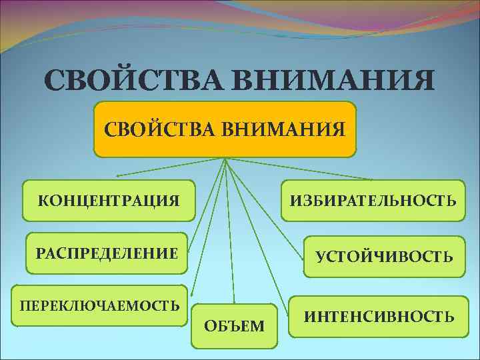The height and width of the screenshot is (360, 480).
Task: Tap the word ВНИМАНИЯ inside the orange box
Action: (294, 127)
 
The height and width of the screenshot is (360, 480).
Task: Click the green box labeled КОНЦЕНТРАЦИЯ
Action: (109, 200)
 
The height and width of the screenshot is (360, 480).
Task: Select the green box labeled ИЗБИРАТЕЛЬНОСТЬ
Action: (373, 200)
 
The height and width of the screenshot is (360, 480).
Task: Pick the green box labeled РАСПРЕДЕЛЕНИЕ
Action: (107, 253)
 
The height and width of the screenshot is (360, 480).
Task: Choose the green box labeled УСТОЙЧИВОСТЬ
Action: (385, 256)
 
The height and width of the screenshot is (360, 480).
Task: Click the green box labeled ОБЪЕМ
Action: (234, 326)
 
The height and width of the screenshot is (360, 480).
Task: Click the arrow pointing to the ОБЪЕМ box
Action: (230, 233)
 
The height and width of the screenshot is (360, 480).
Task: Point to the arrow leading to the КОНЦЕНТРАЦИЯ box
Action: (170, 167)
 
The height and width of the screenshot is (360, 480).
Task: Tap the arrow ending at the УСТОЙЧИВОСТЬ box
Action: (267, 200)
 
